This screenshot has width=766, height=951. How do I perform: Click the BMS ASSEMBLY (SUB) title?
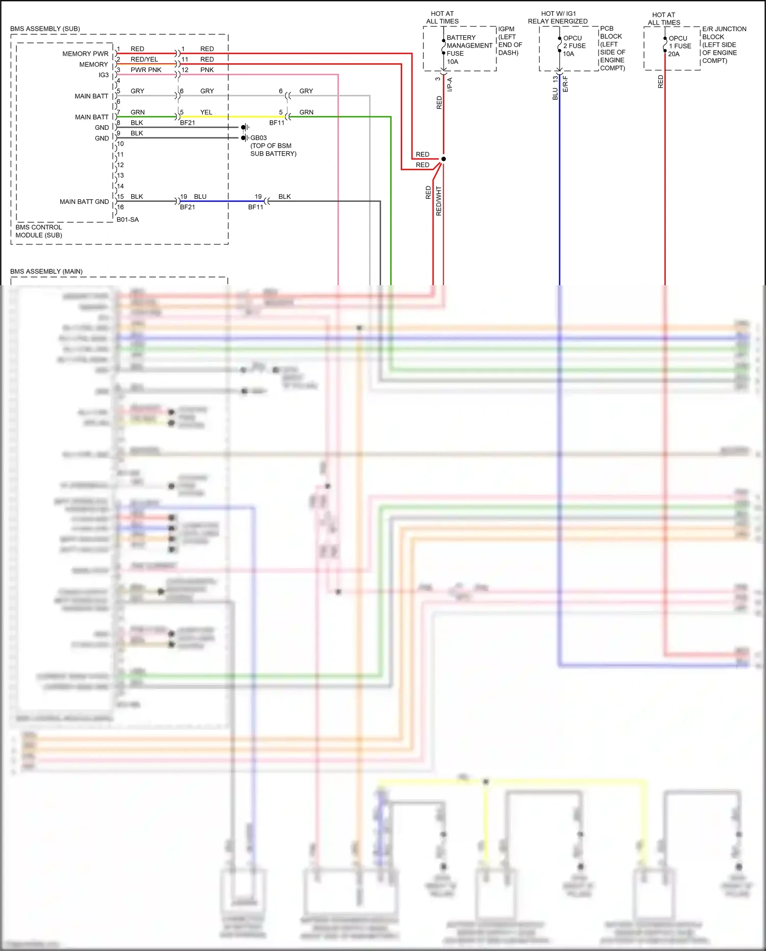point(45,29)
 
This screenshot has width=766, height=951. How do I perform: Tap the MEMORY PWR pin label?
point(85,54)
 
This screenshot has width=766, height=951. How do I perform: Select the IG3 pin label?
point(103,75)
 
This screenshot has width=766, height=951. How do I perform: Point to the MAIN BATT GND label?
point(84,202)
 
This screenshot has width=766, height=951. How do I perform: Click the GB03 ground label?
point(258,138)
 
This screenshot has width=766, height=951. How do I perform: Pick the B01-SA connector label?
point(127,220)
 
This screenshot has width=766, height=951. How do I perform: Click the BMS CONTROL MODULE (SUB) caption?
point(39,231)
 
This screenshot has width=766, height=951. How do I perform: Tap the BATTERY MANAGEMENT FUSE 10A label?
point(469,50)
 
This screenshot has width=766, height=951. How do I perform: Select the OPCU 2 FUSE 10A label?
point(574,46)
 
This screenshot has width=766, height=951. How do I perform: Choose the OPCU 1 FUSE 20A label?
point(680,46)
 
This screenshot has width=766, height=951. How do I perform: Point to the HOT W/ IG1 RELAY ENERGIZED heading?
point(558,17)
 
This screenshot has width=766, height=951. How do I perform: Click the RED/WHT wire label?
point(439,201)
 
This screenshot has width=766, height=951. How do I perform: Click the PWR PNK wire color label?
point(146,70)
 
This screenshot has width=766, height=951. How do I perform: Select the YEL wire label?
point(206,112)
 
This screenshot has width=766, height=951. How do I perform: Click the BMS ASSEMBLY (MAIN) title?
point(46,271)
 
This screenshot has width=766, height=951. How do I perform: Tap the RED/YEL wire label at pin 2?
point(144,59)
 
